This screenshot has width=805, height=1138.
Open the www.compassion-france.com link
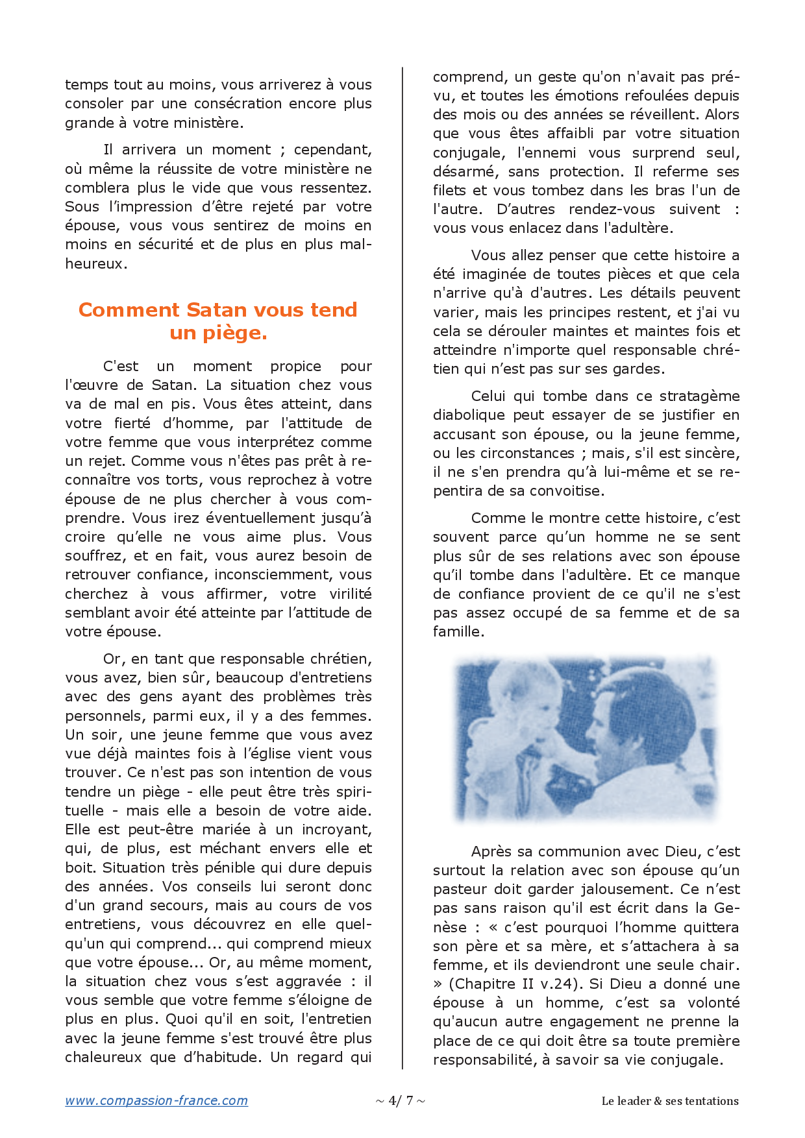tap(156, 1100)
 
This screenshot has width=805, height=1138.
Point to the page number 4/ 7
tap(401, 1100)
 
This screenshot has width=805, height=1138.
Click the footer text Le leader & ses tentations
tap(670, 1101)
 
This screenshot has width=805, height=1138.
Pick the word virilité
tap(350, 594)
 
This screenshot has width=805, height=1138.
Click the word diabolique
tap(469, 415)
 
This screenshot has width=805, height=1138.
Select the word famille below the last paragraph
tap(458, 632)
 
